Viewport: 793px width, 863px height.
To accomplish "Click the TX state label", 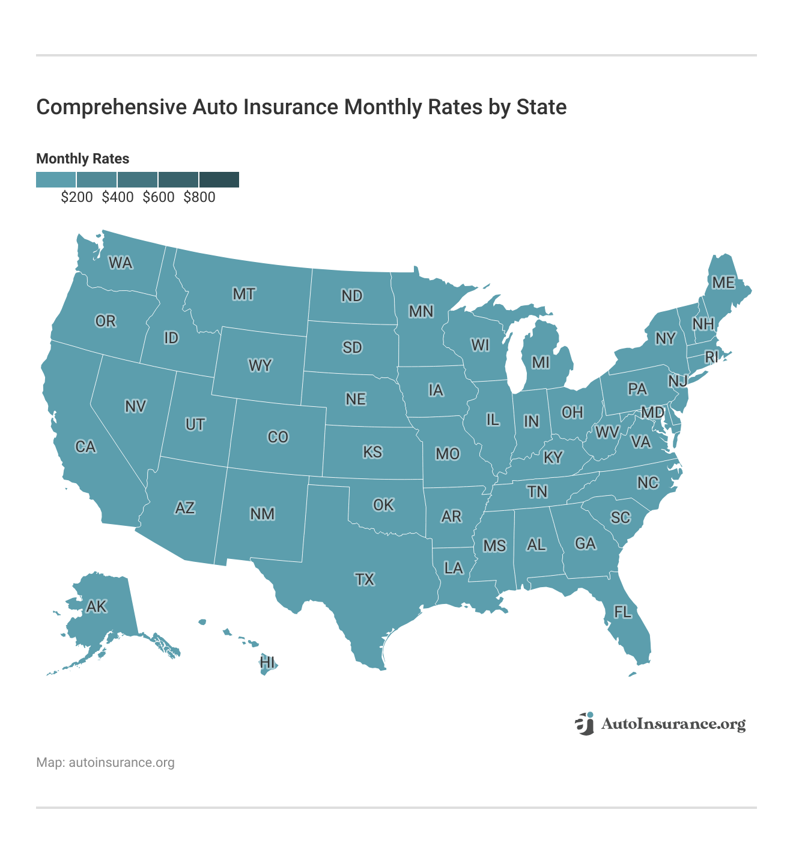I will pyautogui.click(x=365, y=579).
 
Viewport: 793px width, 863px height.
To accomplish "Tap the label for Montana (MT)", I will pyautogui.click(x=244, y=294).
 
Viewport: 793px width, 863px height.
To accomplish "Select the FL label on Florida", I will pyautogui.click(x=622, y=612).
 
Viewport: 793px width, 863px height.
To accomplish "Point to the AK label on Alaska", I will pyautogui.click(x=96, y=606).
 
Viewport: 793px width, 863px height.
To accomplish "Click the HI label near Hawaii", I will pyautogui.click(x=267, y=662).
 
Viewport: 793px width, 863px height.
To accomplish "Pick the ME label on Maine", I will pyautogui.click(x=723, y=282).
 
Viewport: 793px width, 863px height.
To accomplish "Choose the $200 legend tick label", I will pyautogui.click(x=77, y=197).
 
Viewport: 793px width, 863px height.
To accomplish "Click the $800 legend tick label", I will pyautogui.click(x=199, y=197).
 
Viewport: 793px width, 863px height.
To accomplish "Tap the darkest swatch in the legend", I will pyautogui.click(x=219, y=179).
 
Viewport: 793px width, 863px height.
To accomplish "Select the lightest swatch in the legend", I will pyautogui.click(x=56, y=179).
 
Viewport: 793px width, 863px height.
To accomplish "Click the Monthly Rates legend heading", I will pyautogui.click(x=83, y=159).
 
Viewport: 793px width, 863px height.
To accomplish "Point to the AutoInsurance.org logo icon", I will pyautogui.click(x=585, y=724).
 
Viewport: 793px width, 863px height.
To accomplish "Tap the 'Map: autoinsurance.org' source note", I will pyautogui.click(x=105, y=763).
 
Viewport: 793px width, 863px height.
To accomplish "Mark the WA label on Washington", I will pyautogui.click(x=120, y=263).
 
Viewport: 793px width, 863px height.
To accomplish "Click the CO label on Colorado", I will pyautogui.click(x=278, y=437).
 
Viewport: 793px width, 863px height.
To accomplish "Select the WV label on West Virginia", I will pyautogui.click(x=607, y=431).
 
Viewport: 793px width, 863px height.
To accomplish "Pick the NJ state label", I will pyautogui.click(x=678, y=380).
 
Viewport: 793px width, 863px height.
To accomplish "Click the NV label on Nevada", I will pyautogui.click(x=135, y=407).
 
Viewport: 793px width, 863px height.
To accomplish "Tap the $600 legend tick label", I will pyautogui.click(x=159, y=197).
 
